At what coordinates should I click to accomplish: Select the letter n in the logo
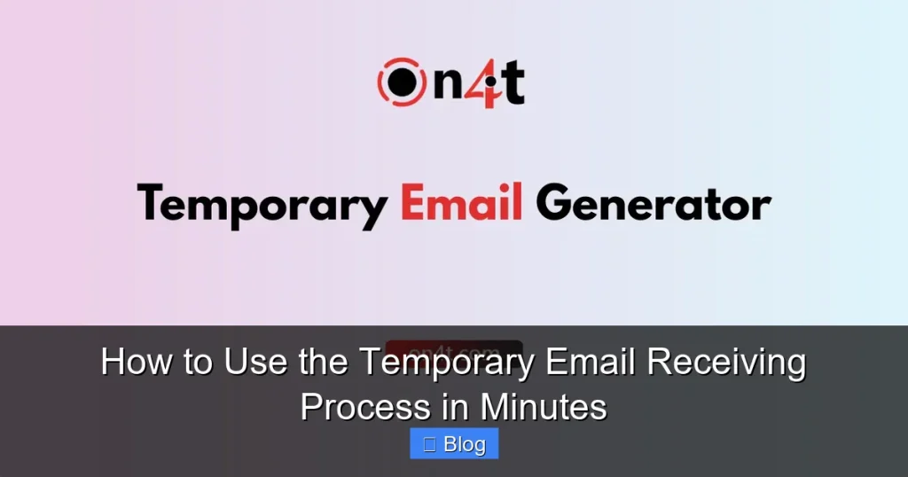pyautogui.click(x=445, y=86)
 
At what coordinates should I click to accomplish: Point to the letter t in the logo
pyautogui.click(x=512, y=82)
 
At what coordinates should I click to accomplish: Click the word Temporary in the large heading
pyautogui.click(x=262, y=205)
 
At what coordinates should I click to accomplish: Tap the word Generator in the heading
pyautogui.click(x=654, y=205)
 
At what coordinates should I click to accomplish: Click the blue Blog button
pyautogui.click(x=454, y=444)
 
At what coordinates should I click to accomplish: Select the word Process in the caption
pyautogui.click(x=364, y=407)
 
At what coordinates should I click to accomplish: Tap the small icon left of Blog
pyautogui.click(x=429, y=444)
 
